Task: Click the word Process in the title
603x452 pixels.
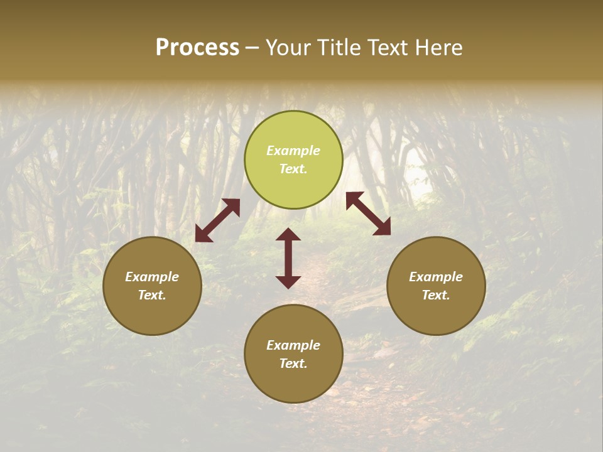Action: point(197,48)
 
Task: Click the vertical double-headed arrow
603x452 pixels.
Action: point(288,258)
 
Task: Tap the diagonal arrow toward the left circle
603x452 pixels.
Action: point(217,220)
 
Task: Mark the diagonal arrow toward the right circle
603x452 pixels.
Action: point(368,213)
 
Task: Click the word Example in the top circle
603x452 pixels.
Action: point(293,151)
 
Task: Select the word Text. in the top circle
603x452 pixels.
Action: point(293,169)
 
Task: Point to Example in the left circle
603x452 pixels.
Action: point(152,277)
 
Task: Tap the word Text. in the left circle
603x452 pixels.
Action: point(152,295)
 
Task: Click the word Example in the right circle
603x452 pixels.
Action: point(436,277)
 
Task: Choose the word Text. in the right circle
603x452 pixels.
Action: point(436,295)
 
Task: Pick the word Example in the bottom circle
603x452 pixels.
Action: point(293,345)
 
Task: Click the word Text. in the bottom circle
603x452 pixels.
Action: point(293,363)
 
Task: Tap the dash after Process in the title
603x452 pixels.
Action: point(253,48)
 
